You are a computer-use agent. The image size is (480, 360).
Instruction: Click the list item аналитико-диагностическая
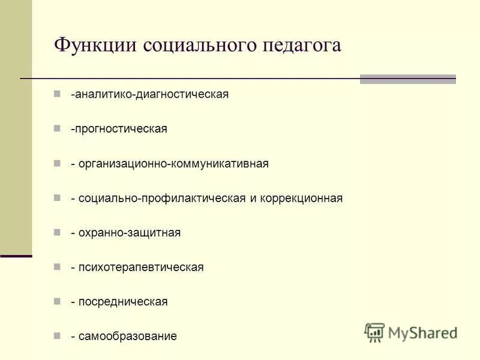149,95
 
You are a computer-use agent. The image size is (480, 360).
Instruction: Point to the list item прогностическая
119,129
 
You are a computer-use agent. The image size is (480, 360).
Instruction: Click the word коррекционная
301,198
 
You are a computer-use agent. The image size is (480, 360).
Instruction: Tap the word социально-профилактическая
161,198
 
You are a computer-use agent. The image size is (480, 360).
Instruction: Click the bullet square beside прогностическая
57,128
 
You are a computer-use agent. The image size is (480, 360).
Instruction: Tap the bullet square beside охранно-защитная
57,232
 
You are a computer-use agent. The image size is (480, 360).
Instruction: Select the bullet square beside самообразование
57,335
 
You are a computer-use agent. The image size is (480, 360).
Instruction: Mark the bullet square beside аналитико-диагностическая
57,94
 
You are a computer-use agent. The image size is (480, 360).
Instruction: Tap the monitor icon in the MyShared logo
374,332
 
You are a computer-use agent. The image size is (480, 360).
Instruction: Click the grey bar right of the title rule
407,79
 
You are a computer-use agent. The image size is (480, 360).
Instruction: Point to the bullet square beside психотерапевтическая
57,266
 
